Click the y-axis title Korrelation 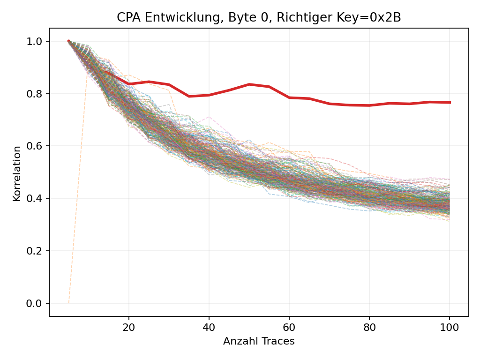click(x=17, y=173)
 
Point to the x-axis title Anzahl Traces click(x=259, y=341)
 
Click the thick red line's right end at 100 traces click(x=450, y=102)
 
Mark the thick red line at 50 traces click(x=249, y=84)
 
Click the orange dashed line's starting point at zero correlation click(x=68, y=303)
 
